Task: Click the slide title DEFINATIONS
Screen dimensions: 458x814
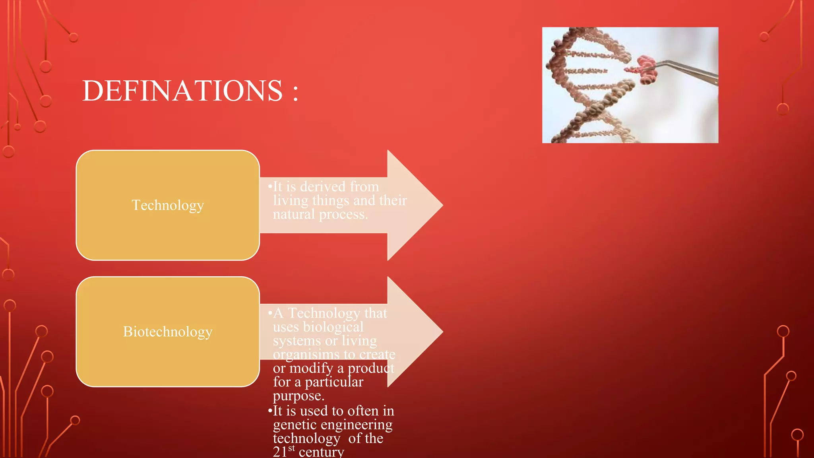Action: coord(183,91)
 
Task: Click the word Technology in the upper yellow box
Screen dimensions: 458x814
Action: coord(168,205)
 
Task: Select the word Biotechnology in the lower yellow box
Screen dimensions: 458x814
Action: coord(168,332)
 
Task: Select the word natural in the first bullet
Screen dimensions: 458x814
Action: coord(293,214)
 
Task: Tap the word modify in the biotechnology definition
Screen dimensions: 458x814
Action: coord(311,368)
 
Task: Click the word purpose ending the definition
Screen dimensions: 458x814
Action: coord(298,396)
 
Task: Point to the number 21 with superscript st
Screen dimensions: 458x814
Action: coord(283,451)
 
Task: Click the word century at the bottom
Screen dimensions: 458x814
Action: coord(322,452)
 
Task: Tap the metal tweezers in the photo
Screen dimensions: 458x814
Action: coord(692,70)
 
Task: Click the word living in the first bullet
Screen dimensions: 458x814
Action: coord(290,200)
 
